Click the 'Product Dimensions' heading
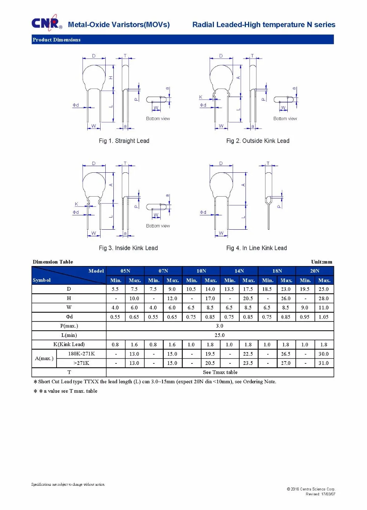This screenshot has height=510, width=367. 57,40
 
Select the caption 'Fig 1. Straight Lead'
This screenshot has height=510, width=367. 124,141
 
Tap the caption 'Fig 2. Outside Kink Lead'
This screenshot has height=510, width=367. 258,141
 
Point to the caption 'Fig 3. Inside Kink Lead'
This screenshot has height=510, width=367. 128,248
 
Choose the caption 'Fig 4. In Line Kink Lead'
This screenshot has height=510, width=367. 257,248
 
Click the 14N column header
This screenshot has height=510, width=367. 239,271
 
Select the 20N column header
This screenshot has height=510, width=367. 315,271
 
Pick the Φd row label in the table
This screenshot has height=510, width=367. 69,317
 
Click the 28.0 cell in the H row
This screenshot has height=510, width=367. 323,298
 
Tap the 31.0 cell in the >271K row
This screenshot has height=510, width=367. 323,363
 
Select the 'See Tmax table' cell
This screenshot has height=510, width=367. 220,372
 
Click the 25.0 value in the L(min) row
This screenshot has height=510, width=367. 219,335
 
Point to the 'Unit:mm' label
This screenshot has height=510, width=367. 321,262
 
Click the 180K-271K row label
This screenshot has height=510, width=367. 81,354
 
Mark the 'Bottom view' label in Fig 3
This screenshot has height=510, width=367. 158,226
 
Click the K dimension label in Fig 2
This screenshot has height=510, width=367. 201,97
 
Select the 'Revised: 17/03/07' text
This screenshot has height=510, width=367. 320,494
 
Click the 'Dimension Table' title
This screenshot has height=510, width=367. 53,262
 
